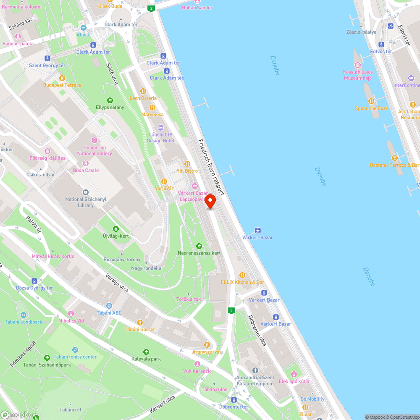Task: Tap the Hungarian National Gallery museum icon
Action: pos(94,140)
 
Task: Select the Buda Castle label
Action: pos(86,170)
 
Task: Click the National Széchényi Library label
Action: pos(86,202)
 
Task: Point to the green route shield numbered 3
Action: pos(231,310)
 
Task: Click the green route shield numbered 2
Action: pos(151,8)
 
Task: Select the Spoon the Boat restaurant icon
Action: pos(371,101)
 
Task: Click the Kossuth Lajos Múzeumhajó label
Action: pos(357,75)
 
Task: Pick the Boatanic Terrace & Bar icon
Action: pos(394,158)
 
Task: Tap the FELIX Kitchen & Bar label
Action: pos(242,282)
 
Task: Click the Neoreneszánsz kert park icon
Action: pos(199,246)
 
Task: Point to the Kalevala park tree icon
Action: pos(146,352)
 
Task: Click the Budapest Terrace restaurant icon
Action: pos(62,78)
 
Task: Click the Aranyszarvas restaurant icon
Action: pos(206,344)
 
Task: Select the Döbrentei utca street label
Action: pos(257,330)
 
